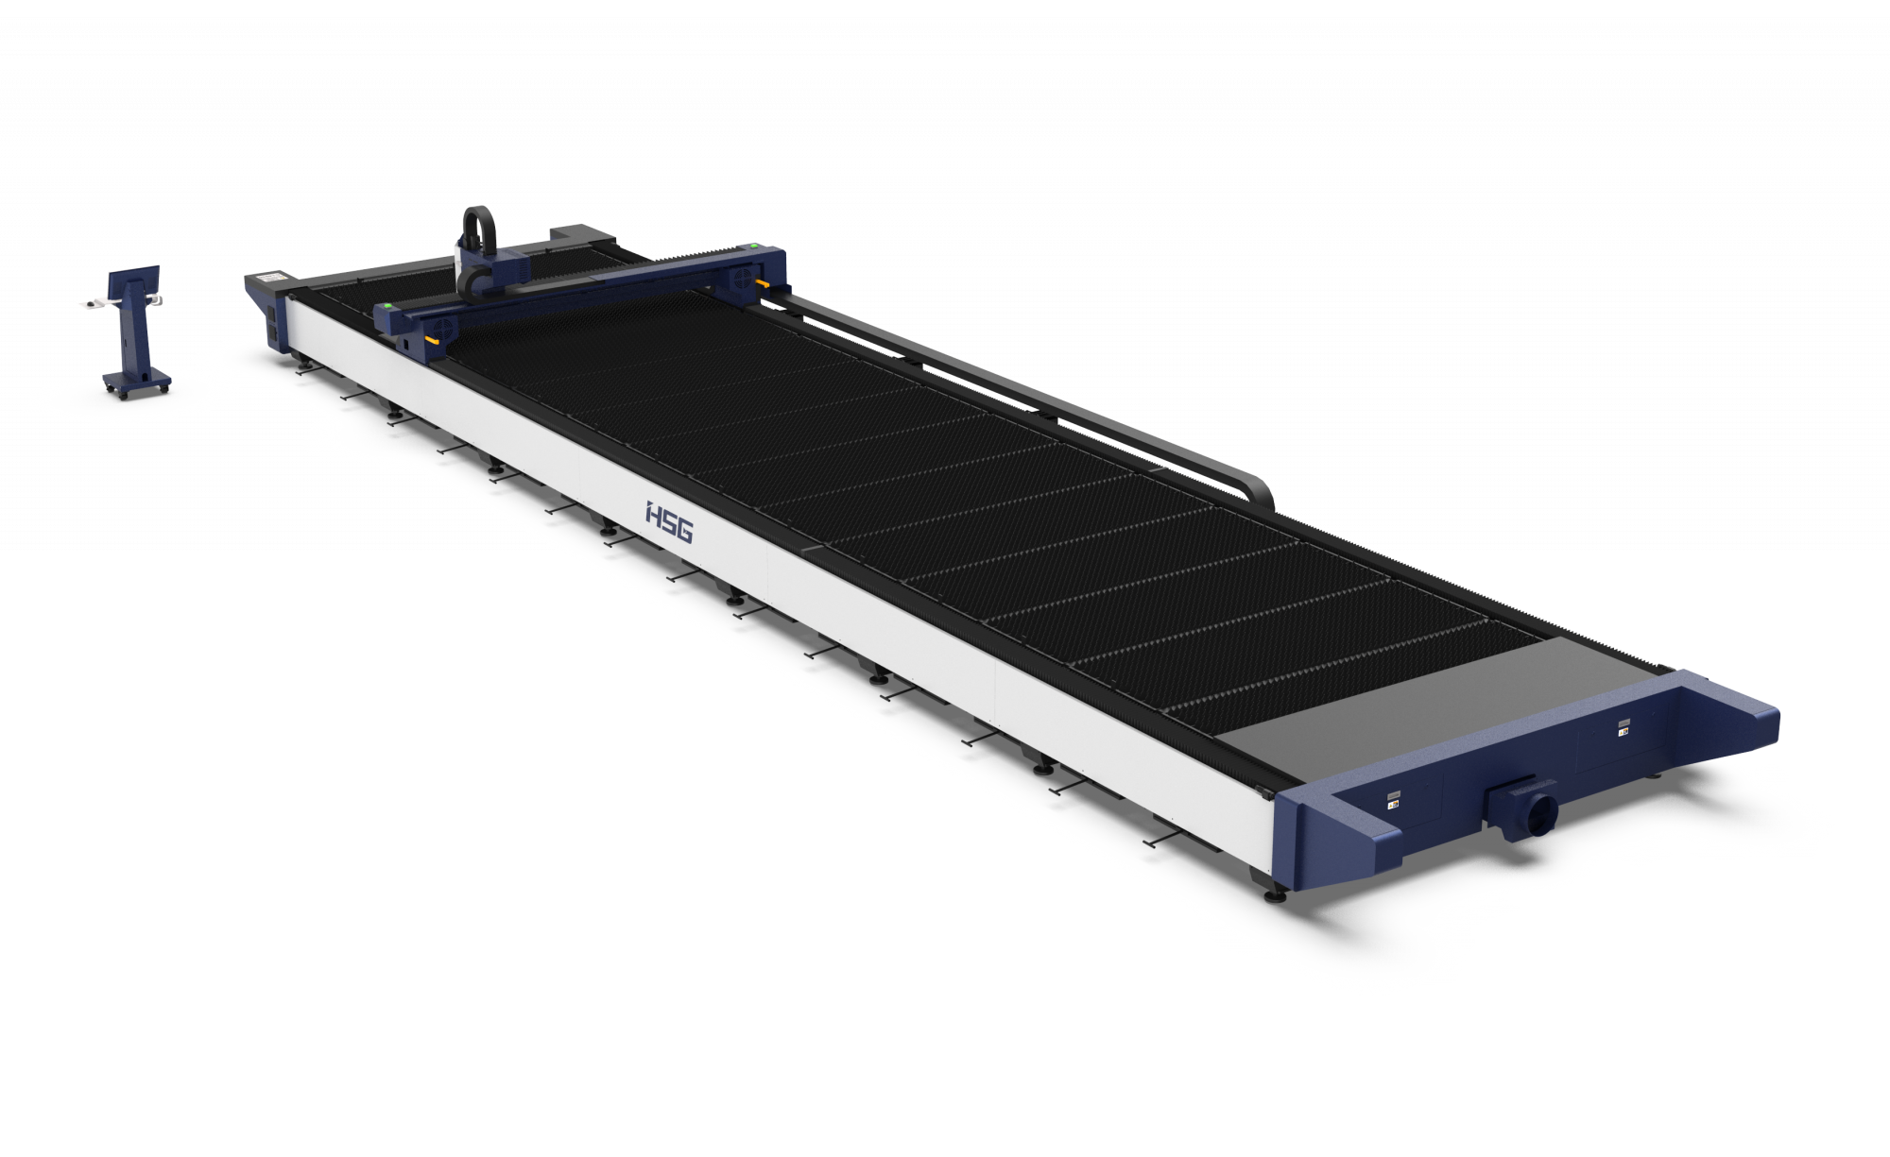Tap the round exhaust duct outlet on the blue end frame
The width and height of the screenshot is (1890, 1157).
tap(1540, 811)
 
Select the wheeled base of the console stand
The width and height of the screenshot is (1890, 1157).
tap(137, 383)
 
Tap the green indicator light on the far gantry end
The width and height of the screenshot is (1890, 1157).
tap(752, 247)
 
